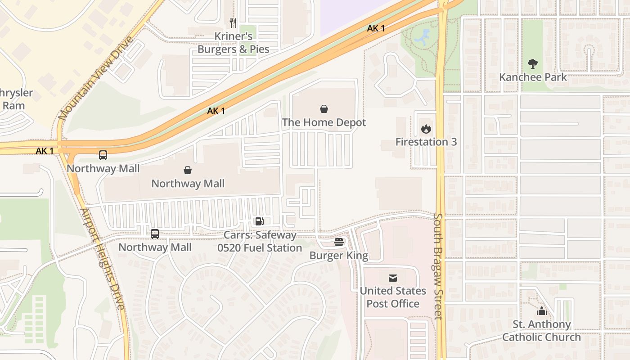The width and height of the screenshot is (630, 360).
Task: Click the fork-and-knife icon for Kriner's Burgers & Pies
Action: pos(233,22)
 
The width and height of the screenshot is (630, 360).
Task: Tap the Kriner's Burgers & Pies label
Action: pos(233,43)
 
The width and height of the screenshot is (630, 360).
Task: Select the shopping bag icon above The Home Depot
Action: pos(324,109)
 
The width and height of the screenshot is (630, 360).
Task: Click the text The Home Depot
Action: pos(324,122)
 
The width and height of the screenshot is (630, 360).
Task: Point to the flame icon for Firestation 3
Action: pos(426,129)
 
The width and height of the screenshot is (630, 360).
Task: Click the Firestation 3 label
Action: pos(426,142)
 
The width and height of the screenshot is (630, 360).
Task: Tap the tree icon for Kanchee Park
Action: pos(533,64)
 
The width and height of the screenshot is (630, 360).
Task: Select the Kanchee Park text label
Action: pos(533,77)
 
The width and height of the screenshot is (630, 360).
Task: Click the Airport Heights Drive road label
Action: pos(103,259)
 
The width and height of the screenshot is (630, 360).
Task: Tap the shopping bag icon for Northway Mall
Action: pos(188,170)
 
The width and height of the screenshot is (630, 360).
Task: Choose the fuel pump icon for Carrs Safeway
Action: pos(259,221)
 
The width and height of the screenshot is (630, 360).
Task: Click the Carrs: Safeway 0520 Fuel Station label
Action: pos(260,242)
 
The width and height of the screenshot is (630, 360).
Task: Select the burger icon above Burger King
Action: pos(339,243)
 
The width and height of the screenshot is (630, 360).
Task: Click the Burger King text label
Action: pos(339,256)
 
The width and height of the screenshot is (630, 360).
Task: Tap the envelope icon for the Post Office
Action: pos(393,278)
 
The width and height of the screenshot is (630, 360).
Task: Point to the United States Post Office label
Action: pos(393,297)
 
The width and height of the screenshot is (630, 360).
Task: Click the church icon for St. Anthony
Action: pos(541,311)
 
